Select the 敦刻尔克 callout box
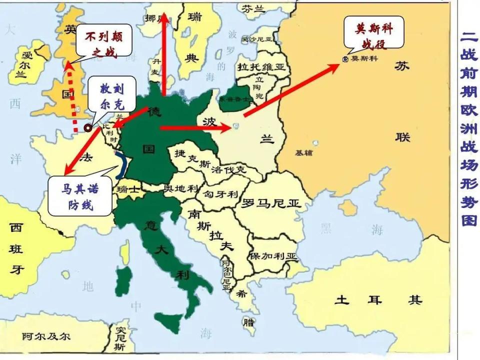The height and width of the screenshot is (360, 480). [111, 96]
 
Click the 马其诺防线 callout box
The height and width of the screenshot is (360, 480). [80, 195]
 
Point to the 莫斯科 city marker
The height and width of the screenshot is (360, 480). [345, 59]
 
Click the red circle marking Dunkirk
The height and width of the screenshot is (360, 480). [88, 128]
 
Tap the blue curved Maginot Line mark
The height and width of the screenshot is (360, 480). [121, 165]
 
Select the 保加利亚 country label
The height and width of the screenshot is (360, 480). [274, 256]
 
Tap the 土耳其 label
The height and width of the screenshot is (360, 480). [378, 300]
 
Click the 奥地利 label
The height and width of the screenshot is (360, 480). [181, 188]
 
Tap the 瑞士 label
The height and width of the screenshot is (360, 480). [126, 190]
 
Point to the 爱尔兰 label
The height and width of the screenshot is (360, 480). [21, 64]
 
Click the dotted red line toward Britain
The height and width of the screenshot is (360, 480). [73, 100]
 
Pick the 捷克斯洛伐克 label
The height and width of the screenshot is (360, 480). [210, 162]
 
